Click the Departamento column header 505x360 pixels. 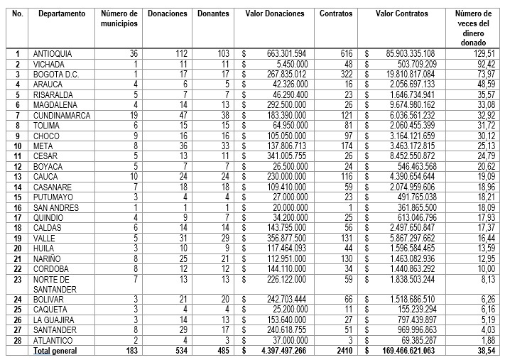tap(62, 13)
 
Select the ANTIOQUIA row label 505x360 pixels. tap(53, 54)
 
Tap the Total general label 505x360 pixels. tap(57, 351)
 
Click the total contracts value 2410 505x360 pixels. tap(344, 351)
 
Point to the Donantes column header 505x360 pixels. tap(213, 13)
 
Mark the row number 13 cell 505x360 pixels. tap(17, 176)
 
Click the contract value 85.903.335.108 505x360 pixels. tap(406, 54)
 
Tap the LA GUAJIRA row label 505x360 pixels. tap(55, 320)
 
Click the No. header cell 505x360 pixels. tap(17, 13)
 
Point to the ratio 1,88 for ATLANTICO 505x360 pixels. tap(487, 341)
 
